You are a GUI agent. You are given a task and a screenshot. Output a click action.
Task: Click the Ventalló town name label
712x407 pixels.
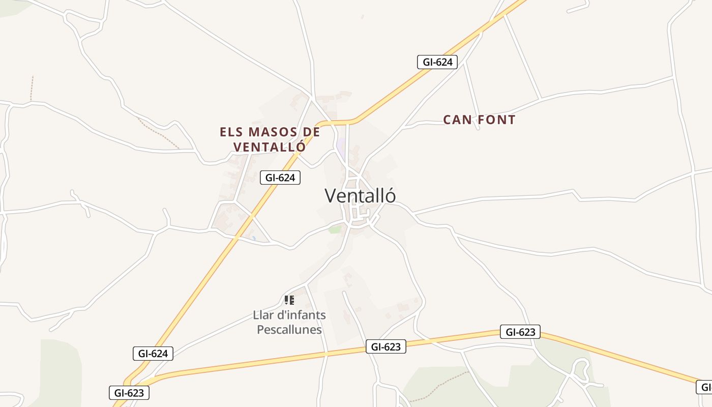[x=360, y=196]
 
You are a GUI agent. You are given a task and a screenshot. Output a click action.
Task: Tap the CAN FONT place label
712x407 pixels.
[x=479, y=120]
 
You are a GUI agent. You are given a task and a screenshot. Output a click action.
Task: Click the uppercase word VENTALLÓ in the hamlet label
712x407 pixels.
[x=270, y=147]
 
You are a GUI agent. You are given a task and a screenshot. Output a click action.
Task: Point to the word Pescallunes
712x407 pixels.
[x=289, y=330]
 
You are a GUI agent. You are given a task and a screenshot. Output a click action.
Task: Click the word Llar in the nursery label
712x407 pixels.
[x=262, y=315]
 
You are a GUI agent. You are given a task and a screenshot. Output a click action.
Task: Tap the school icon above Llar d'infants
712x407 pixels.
[x=289, y=300]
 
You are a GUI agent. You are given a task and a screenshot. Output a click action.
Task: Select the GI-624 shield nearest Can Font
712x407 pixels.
[x=437, y=62]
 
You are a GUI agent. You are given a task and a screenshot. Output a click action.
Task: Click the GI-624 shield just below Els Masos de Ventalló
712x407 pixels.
[x=280, y=178]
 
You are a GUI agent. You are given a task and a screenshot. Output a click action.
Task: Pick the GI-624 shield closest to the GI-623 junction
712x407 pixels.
[x=153, y=354]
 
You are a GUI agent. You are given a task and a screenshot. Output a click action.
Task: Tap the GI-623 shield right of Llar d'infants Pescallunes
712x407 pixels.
[x=385, y=347]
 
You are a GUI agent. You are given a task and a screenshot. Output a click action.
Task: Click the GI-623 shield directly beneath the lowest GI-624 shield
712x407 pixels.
[x=129, y=393]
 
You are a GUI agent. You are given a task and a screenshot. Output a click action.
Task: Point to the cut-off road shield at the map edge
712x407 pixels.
[x=705, y=387]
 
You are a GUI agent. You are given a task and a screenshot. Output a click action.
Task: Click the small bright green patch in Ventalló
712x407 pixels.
[x=335, y=229]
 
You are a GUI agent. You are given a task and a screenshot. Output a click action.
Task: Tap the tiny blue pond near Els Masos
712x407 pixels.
[x=253, y=238]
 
